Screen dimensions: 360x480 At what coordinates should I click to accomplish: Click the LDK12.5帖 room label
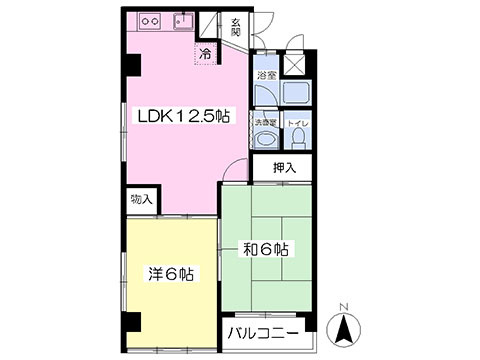point(184,117)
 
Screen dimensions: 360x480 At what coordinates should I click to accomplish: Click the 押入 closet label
point(284,167)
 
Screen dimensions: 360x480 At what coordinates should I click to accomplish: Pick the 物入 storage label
point(140,200)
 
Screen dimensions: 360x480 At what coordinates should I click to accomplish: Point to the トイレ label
point(298,123)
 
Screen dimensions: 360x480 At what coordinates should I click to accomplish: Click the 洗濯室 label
point(264,123)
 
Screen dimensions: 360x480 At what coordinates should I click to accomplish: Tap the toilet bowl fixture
point(298,140)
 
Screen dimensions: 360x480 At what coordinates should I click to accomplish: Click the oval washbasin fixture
point(264,140)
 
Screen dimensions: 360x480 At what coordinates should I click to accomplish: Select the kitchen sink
point(182,21)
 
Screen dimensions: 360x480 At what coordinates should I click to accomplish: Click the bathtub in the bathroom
point(295,93)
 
